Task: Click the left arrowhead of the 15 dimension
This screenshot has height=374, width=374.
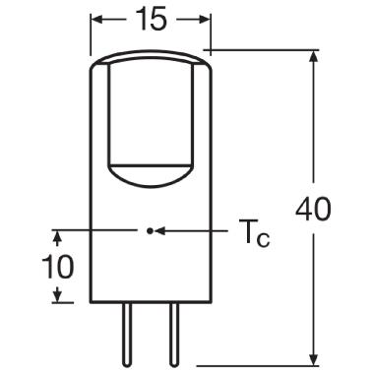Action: [x=98, y=20]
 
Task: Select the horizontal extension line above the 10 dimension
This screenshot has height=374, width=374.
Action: [x=89, y=230]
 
